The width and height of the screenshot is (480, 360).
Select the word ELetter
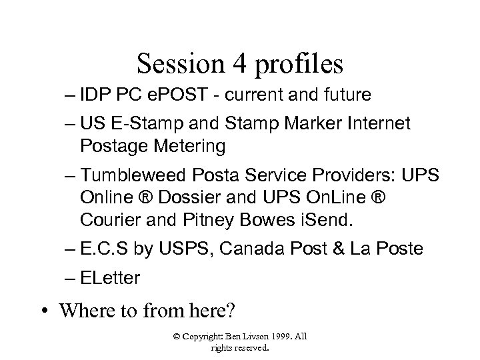click(109, 278)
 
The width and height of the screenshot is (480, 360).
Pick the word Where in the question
click(85, 311)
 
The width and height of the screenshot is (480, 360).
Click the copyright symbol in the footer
click(176, 336)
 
